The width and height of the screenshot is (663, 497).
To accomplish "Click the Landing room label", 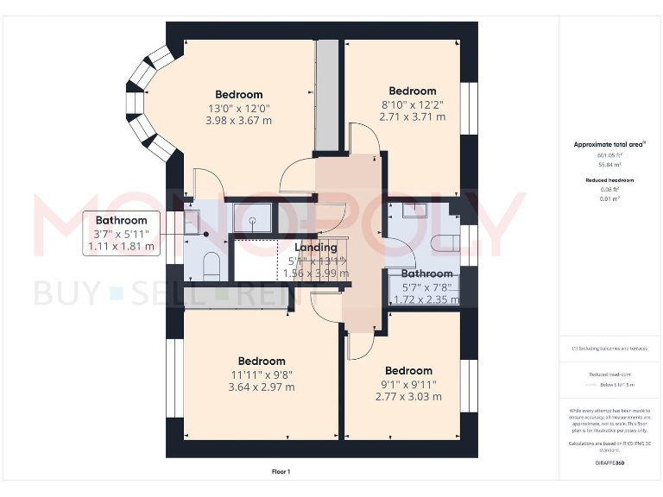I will [317, 248].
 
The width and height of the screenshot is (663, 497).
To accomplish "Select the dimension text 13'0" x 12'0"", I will [238, 109].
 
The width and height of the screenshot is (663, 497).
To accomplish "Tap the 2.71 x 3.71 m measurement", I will [412, 116].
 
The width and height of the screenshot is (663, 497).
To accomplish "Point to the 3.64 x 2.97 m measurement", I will [261, 387].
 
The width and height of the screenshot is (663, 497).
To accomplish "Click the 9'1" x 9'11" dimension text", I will [408, 384].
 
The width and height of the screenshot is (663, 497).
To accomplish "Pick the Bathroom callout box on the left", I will [121, 234].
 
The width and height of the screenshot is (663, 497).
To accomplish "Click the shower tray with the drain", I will [252, 218].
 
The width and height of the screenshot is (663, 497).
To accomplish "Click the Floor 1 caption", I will [281, 472].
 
